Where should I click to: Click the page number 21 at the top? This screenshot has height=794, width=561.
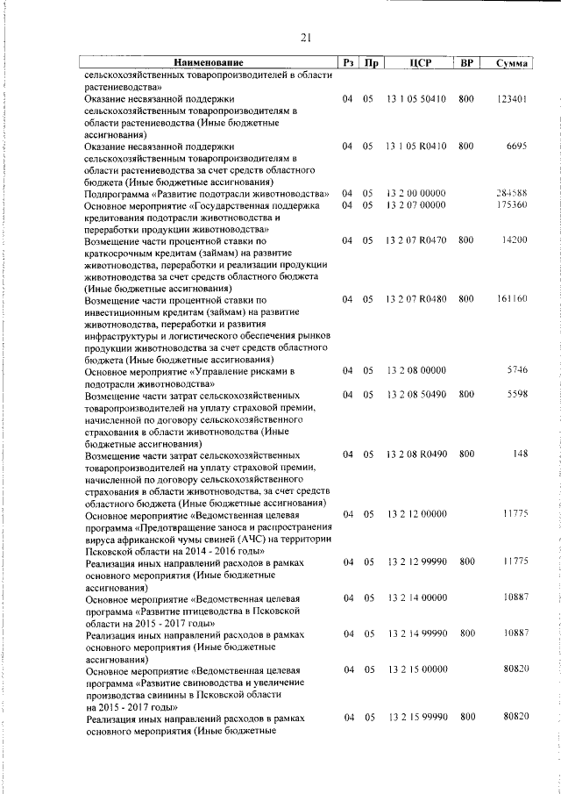pos(306,37)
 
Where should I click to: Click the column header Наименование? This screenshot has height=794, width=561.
pos(208,62)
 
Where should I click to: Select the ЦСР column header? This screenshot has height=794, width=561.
pos(416,62)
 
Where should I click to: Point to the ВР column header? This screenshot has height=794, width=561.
pos(466,62)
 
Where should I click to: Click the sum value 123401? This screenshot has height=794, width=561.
pos(510,100)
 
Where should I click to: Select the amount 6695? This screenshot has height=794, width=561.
pos(515,146)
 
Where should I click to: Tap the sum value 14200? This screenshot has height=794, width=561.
pos(513,240)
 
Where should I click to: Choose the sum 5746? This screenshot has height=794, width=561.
pos(515,370)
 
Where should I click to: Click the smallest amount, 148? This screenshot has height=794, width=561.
pos(518,454)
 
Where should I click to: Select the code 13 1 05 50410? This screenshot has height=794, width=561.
pos(416,100)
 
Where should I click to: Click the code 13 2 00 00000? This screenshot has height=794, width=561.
pos(416,192)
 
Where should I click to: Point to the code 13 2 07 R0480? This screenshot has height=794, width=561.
pos(416,299)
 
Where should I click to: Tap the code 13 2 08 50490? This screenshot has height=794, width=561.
pos(416,395)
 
